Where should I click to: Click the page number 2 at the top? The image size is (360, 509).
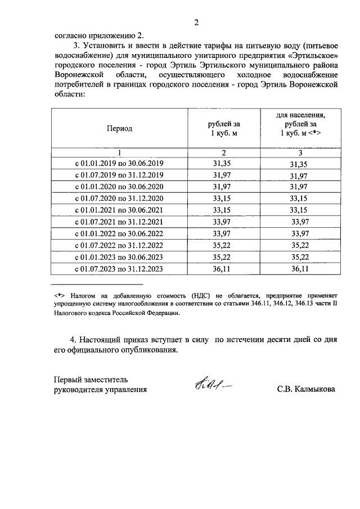(x=196, y=22)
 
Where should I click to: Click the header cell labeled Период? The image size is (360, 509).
(x=119, y=128)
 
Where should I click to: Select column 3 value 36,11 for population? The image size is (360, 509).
(x=301, y=269)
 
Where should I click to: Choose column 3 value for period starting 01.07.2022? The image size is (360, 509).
(x=301, y=246)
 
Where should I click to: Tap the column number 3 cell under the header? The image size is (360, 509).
(x=301, y=152)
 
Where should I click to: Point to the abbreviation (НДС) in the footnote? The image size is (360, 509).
(x=201, y=294)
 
